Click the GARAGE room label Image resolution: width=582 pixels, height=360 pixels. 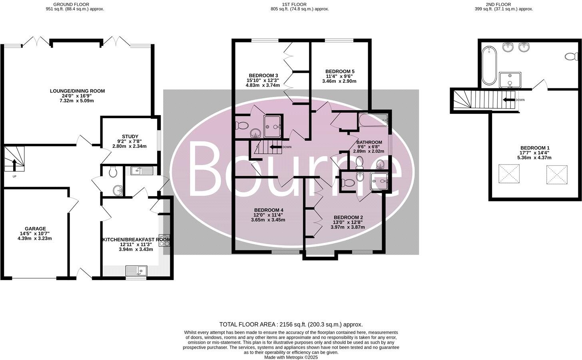[x=35, y=229]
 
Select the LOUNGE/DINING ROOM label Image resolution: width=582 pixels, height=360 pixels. [x=77, y=91]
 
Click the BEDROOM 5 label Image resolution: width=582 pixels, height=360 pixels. [x=340, y=72]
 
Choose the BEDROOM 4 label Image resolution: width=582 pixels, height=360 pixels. [x=269, y=210]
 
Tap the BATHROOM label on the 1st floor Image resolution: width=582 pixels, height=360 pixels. [x=369, y=142]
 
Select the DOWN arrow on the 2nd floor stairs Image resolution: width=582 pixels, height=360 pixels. [x=508, y=100]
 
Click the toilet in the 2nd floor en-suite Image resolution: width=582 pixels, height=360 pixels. [x=572, y=56]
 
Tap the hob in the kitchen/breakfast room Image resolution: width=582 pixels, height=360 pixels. [x=164, y=240]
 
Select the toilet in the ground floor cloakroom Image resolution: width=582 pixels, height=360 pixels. [x=112, y=172]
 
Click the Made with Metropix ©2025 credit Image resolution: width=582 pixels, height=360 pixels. [x=291, y=358]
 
